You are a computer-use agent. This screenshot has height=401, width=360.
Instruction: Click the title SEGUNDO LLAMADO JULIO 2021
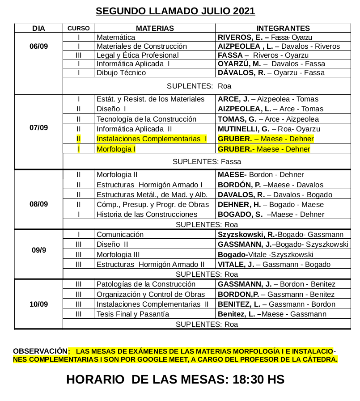click(x=175, y=11)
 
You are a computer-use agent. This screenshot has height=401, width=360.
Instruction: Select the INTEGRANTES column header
click(x=283, y=28)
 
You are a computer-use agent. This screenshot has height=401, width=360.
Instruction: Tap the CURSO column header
click(x=78, y=28)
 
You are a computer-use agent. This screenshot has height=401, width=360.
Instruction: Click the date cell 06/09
click(x=38, y=46)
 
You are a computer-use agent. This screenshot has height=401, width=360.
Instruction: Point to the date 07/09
click(x=38, y=128)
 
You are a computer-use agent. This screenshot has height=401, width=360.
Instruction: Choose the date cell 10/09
click(x=38, y=304)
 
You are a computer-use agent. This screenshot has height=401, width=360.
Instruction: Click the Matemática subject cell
click(x=116, y=38)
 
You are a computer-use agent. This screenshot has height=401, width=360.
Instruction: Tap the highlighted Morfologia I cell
click(x=116, y=149)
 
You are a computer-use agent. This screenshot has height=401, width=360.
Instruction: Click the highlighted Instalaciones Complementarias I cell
click(x=152, y=139)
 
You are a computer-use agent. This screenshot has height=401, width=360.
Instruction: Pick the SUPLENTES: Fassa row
click(x=207, y=161)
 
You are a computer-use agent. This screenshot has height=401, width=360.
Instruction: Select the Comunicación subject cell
click(x=120, y=234)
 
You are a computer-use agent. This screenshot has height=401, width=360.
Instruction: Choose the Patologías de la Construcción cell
click(x=146, y=284)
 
